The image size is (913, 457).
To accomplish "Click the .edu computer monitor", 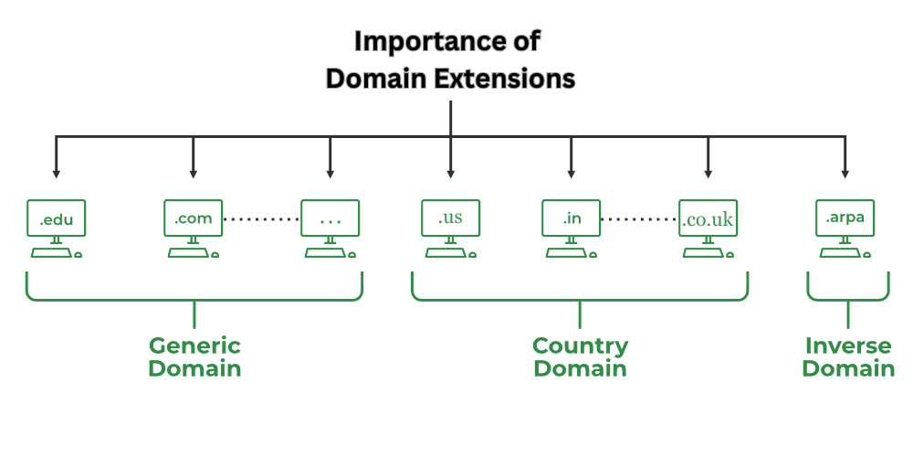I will [x=56, y=219].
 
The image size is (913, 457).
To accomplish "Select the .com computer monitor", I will [x=193, y=219].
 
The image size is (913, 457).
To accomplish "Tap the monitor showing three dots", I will [x=330, y=219].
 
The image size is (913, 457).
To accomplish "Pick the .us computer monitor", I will [x=450, y=219].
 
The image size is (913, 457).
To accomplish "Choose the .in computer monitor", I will [x=571, y=219].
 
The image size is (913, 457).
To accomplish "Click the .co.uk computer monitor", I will [x=708, y=219].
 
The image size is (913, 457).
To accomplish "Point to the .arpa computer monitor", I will [x=845, y=219].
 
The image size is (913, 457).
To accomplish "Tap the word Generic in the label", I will [x=194, y=345].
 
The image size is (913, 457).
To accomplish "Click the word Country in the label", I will [x=580, y=345].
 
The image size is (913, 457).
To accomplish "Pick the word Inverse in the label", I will [x=848, y=345].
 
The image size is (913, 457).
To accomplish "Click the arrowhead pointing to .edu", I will [x=56, y=173].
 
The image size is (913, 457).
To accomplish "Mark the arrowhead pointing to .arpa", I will [x=845, y=173].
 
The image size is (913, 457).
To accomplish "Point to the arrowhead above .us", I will [x=450, y=173].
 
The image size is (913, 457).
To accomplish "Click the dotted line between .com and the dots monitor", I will [x=261, y=219].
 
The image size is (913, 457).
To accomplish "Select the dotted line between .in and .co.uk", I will [x=639, y=219].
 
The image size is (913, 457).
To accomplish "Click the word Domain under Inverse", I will [x=848, y=368].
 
